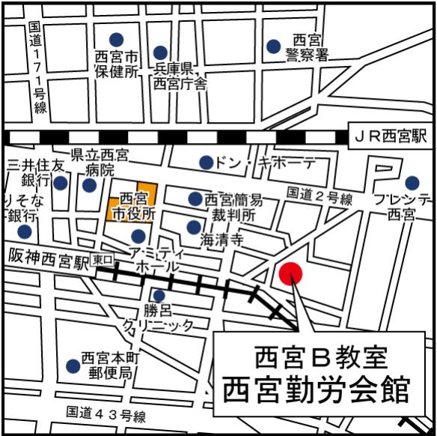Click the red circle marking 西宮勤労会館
(290, 273)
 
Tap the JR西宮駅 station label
(389, 136)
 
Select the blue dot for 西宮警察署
(274, 46)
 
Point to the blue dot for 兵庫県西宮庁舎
(160, 52)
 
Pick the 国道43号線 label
(106, 414)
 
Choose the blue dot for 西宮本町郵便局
(73, 366)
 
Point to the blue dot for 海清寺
(194, 227)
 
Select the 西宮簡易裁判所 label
(233, 207)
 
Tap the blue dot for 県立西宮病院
(89, 185)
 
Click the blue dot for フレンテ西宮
(412, 182)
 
